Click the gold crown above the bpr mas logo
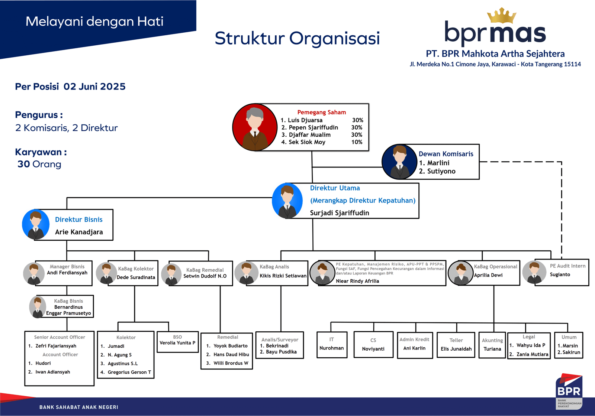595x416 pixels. pos(502,16)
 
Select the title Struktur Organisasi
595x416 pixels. pos(297,39)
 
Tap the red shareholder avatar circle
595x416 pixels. pos(255,127)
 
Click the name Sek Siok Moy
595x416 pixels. pos(307,142)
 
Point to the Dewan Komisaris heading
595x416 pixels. pos(446,154)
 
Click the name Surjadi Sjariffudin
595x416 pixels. pos(340,213)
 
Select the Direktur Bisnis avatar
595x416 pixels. pos(36,224)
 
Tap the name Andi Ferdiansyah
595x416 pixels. pos(67,273)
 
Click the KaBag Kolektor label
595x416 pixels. pos(136,269)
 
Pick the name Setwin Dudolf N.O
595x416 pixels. pos(205,276)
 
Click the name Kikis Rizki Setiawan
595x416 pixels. pos(283,276)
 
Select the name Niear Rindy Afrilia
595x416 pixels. pos(357,281)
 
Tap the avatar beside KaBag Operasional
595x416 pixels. pos(460,273)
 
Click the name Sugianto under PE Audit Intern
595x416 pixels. pos(560,274)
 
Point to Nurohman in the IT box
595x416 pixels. pos(331,348)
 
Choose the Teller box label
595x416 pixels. pos(456,340)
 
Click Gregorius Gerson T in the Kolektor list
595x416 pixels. pos(129,372)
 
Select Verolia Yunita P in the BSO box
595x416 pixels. pos(177,343)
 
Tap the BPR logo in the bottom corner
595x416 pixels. pos(569,391)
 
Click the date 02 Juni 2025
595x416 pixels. pos(94,87)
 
